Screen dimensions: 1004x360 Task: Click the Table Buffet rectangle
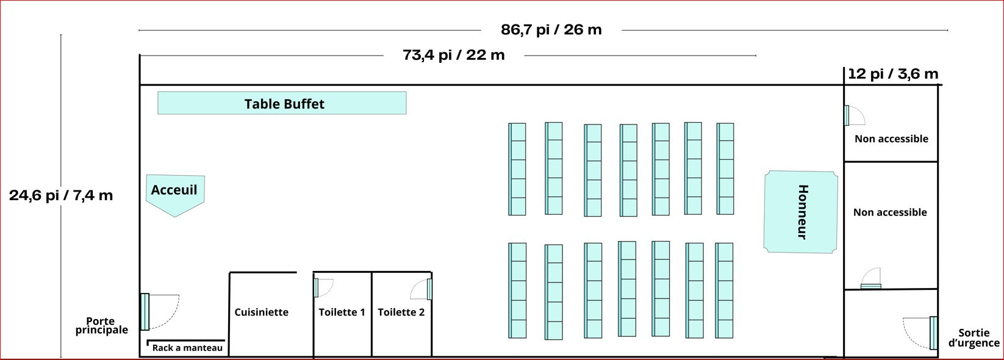click(282, 103)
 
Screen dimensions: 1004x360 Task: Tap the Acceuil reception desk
click(175, 193)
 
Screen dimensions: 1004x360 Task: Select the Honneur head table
click(800, 212)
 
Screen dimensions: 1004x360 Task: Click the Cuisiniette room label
click(261, 312)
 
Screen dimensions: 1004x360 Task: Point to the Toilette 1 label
click(342, 312)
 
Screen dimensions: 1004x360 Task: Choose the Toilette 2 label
click(401, 312)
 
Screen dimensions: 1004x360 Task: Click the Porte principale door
click(145, 312)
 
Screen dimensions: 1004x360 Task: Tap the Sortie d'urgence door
click(933, 333)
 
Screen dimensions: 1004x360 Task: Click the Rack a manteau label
click(187, 348)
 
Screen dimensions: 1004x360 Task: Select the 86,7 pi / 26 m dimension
click(551, 29)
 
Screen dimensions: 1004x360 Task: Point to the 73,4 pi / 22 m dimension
click(454, 55)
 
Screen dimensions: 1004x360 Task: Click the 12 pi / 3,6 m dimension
click(893, 73)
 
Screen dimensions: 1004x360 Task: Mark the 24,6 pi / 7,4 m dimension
click(61, 195)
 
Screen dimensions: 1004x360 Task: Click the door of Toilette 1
click(316, 288)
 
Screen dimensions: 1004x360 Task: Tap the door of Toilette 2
click(429, 289)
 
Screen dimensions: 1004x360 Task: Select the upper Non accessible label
click(892, 139)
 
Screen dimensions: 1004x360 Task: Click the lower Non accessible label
click(890, 212)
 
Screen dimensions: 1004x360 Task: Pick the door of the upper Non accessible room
click(847, 115)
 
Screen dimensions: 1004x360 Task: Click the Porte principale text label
click(101, 326)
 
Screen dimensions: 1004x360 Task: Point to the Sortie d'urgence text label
click(974, 338)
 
